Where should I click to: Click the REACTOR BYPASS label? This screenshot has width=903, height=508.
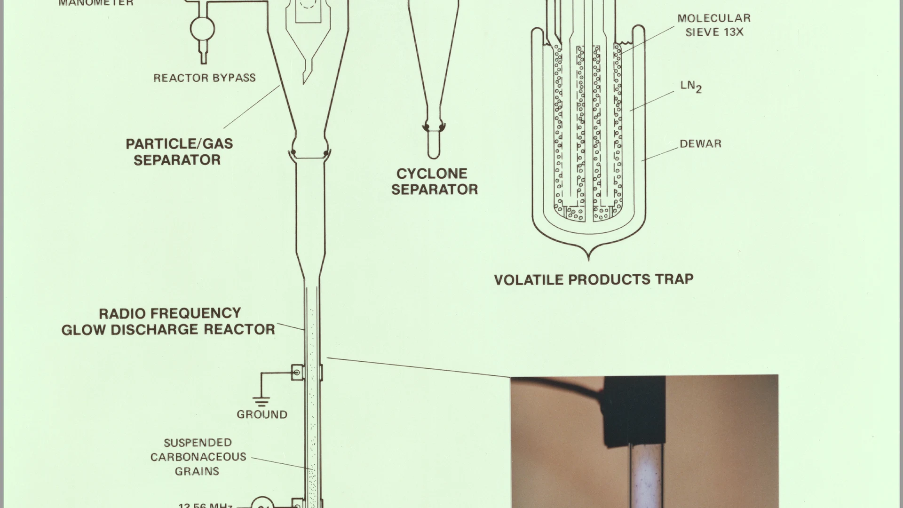[x=204, y=78]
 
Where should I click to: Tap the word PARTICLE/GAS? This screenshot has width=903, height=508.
[x=179, y=144]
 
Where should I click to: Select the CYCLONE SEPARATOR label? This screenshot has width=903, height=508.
[x=434, y=182]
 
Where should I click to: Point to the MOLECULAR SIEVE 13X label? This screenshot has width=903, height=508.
[x=713, y=25]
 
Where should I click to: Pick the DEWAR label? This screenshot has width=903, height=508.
[x=700, y=144]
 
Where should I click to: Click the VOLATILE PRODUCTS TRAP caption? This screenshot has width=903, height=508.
[x=594, y=279]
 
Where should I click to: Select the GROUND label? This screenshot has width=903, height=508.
[x=261, y=414]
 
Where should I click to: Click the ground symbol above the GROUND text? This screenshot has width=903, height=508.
[x=261, y=401]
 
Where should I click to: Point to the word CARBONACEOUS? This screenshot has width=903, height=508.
[x=198, y=457]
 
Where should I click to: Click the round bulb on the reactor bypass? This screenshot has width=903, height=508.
[x=202, y=29]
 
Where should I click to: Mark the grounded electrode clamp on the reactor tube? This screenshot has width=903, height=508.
[x=297, y=373]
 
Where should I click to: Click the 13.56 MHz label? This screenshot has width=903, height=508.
[x=206, y=505]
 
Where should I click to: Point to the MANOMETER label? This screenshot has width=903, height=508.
[x=96, y=3]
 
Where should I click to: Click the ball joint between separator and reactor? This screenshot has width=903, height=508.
[x=309, y=151]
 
